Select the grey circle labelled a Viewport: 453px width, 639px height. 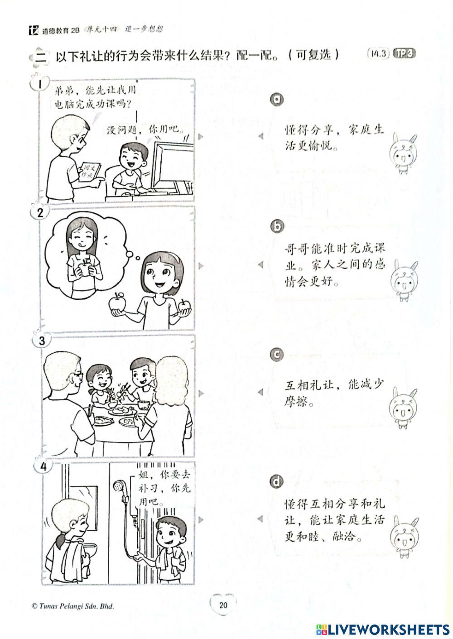pyautogui.click(x=276, y=99)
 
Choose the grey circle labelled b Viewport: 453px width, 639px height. pyautogui.click(x=276, y=227)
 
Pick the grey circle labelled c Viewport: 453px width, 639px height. pyautogui.click(x=276, y=356)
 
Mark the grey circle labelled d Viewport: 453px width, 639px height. pyautogui.click(x=276, y=481)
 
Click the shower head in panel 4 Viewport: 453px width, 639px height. pyautogui.click(x=120, y=487)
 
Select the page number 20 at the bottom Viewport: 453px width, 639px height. pyautogui.click(x=223, y=605)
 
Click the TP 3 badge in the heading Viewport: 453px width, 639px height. pyautogui.click(x=404, y=53)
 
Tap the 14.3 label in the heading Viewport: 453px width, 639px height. pyautogui.click(x=378, y=53)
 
